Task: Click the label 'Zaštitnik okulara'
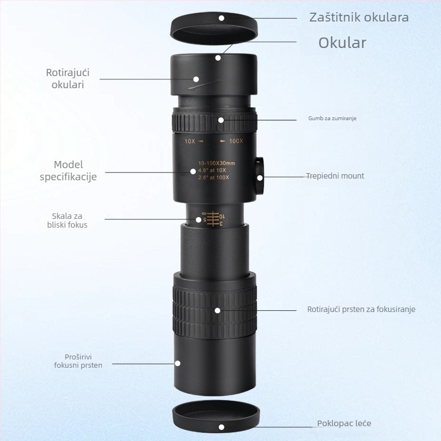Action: tap(359, 18)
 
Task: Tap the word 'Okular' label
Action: tap(342, 43)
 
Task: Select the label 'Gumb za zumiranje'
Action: tap(332, 119)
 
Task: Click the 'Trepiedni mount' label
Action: tap(335, 176)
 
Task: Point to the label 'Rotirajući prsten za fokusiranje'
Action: tap(361, 309)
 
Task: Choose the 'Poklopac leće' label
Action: tap(344, 423)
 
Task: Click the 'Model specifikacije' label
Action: tap(68, 170)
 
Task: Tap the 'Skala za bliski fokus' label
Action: tap(67, 220)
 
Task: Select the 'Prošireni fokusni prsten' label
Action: tap(78, 361)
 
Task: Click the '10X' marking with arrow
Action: tap(194, 141)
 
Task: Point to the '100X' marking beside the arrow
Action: tap(232, 141)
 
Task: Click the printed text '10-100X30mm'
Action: tap(217, 163)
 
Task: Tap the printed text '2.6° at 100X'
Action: tap(213, 178)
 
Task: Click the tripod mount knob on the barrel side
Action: tap(260, 176)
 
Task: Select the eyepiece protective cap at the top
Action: tap(214, 28)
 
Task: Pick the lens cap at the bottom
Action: tap(216, 417)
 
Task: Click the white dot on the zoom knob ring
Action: tap(221, 120)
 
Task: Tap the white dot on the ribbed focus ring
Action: tap(217, 310)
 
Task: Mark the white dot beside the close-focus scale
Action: tap(198, 219)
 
